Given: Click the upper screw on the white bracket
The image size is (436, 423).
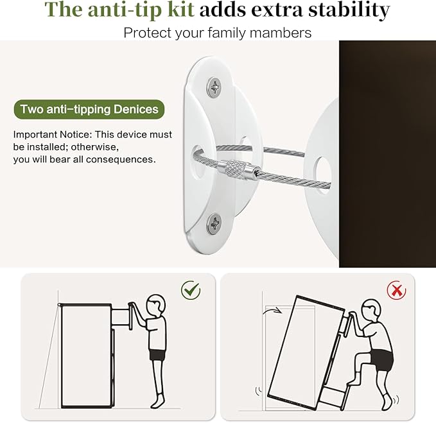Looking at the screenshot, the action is pyautogui.click(x=214, y=87).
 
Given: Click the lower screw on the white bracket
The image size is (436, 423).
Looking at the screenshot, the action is pyautogui.click(x=214, y=223).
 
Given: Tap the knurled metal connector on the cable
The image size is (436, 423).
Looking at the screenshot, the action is pyautogui.click(x=236, y=169).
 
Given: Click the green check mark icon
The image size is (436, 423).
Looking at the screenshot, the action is pyautogui.click(x=191, y=290).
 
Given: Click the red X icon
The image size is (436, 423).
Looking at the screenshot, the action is pyautogui.click(x=397, y=290).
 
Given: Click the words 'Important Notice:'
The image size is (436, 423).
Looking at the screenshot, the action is pyautogui.click(x=52, y=135).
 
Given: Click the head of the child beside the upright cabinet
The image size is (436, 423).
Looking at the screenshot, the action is pyautogui.click(x=156, y=304).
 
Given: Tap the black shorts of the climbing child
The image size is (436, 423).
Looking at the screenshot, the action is pyautogui.click(x=381, y=360).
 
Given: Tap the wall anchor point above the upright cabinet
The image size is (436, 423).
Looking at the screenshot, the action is pyautogui.click(x=59, y=305).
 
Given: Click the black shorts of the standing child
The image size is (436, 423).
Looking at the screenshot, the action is pyautogui.click(x=157, y=354).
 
